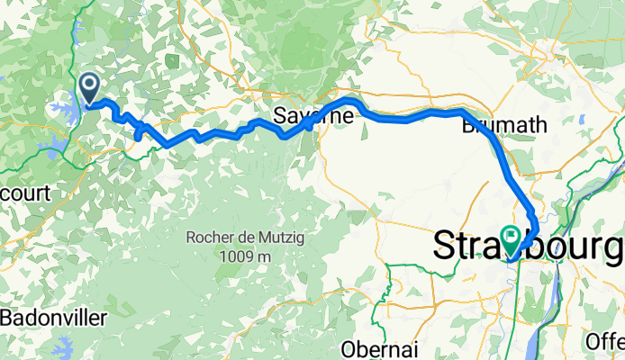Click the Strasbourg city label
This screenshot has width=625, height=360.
coord(528,245)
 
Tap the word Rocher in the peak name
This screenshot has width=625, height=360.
coord(211,238)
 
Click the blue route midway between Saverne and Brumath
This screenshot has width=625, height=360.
coord(410,117)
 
